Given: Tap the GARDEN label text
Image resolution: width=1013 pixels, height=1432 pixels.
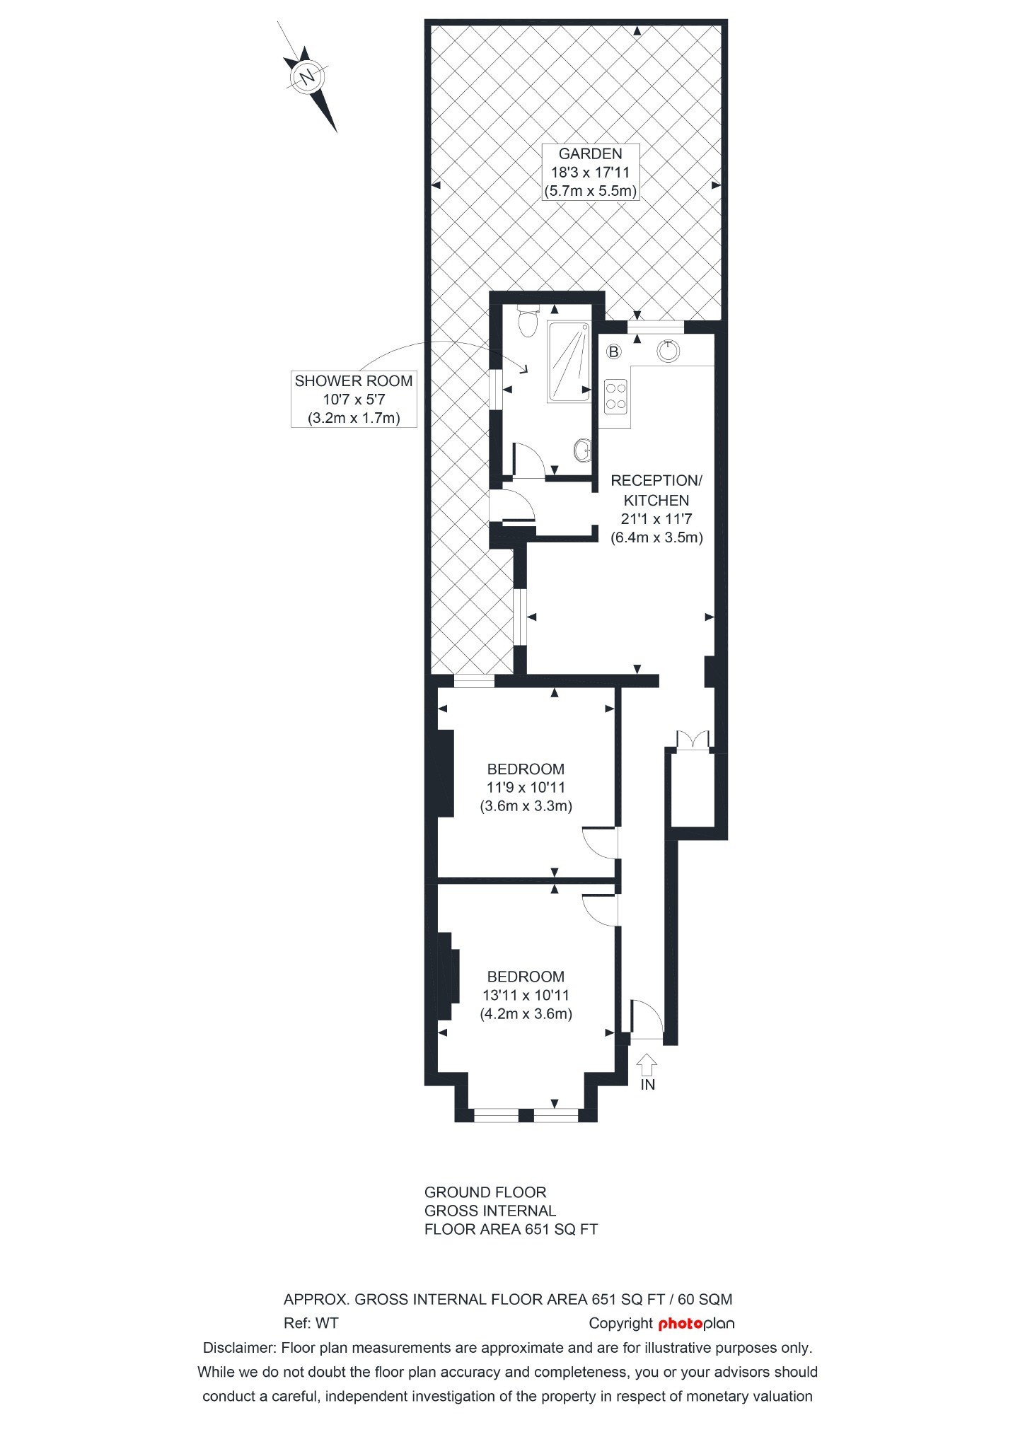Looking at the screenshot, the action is pos(590,154).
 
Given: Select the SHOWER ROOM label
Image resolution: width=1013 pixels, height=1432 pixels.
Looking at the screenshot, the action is pos(354,381).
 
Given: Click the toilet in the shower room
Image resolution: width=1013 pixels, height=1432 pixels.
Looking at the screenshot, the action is pos(527,322).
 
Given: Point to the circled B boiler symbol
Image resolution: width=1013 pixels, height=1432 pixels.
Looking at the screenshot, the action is pos(613,351).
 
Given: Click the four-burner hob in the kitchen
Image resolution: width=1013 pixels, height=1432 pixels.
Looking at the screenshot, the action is pos(615,396).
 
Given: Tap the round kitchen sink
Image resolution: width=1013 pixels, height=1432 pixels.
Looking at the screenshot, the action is pos(668,351).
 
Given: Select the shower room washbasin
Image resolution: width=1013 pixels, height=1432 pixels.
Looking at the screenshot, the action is pos(582,449).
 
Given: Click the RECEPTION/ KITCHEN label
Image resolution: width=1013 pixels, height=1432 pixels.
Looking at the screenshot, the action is pos(656,490).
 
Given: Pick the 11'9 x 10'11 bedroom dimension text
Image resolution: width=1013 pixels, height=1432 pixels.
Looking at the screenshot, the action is pos(526,787).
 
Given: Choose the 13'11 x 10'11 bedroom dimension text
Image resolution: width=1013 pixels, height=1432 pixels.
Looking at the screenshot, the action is pos(526,995).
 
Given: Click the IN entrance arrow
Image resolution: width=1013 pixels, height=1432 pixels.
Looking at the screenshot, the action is pos(647,1064).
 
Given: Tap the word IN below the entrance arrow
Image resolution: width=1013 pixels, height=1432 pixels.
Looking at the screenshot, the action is pos(647,1084).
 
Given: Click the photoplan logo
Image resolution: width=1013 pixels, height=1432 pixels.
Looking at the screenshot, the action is pos(696,1324).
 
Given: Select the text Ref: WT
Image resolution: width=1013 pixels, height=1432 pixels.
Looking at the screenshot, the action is pos(311,1323).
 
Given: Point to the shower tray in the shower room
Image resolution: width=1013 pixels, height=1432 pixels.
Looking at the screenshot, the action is pos(568,361).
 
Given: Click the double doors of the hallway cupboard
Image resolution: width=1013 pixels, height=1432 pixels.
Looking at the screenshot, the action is pos(693,740).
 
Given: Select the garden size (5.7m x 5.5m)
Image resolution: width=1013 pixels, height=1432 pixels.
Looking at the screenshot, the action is pos(590,191).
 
